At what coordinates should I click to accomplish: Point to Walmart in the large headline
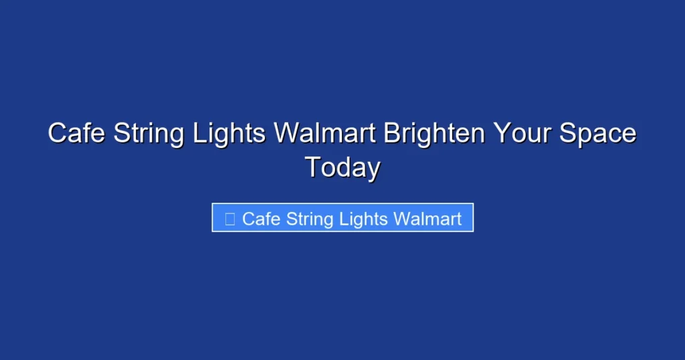click(325, 133)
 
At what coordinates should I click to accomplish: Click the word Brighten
click(434, 133)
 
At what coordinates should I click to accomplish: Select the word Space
click(597, 133)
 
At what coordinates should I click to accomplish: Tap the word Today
click(342, 167)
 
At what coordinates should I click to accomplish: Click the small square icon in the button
click(230, 219)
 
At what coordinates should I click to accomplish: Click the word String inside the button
click(310, 219)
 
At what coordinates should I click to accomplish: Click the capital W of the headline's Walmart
click(287, 133)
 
